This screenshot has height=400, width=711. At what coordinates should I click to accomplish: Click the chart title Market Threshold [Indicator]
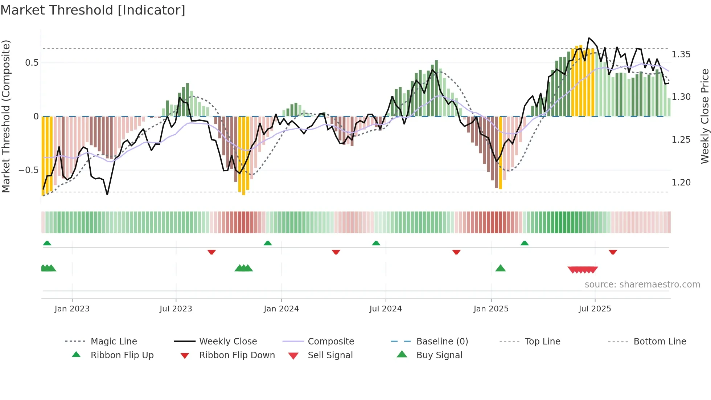point(93,10)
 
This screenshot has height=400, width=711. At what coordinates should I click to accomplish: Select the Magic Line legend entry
point(114,342)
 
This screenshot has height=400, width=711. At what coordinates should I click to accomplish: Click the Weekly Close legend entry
point(228,342)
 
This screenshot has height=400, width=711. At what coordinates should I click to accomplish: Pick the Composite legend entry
point(330,342)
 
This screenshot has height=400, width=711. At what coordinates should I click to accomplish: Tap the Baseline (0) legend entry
point(442,342)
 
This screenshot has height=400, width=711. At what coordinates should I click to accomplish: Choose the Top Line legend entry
point(542,342)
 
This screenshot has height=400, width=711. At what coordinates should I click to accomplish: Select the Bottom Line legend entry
point(659,342)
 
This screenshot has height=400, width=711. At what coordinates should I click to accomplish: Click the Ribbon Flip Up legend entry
point(122,355)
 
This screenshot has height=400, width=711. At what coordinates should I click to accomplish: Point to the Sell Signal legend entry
point(330,355)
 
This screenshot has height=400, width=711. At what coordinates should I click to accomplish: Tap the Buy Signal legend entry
point(439,355)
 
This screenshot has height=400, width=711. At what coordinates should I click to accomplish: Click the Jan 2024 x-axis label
point(281,309)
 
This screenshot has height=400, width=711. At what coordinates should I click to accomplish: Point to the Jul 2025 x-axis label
point(595,309)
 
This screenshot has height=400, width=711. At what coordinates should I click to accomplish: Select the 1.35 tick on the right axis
point(681,54)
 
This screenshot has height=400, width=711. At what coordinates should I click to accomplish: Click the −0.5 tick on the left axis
point(29,170)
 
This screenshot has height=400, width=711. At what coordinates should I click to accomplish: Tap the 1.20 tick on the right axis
point(681,183)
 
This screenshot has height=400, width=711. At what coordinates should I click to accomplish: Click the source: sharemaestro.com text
point(642,285)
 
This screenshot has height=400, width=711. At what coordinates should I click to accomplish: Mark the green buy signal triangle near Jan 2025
point(500,268)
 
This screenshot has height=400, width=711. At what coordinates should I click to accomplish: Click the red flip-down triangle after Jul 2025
point(613,252)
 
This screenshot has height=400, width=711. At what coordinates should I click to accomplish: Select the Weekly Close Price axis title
point(704,116)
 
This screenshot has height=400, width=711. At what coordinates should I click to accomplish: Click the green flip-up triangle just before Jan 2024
point(268,243)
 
